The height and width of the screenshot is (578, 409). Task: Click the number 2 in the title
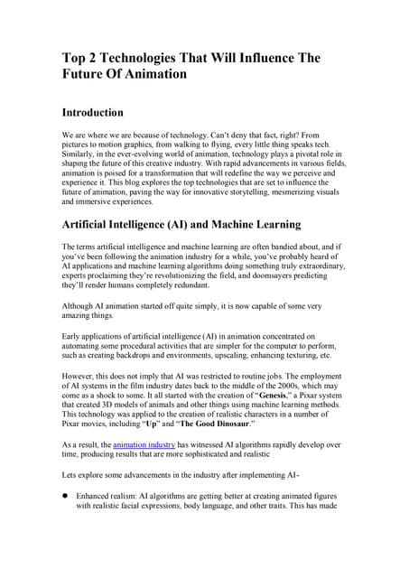click(x=97, y=59)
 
